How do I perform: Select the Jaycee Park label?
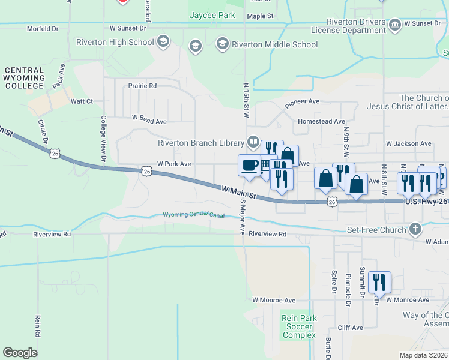coord(212,15)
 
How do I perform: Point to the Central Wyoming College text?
coord(25,78)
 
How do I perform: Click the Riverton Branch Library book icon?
coord(253,142)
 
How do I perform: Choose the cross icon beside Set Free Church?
coord(415,229)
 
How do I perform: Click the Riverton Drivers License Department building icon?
coord(394,25)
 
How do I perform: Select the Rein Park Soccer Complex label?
coord(298,326)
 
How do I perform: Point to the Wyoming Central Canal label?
coord(195,215)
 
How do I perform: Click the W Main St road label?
coord(239,193)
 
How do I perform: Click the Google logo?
coord(20,352)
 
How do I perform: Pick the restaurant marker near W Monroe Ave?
coord(380,283)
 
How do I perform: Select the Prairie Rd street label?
coord(142,86)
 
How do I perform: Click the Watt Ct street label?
coord(82,101)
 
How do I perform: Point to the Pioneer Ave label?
coord(302,102)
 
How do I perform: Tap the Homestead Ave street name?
coord(321,121)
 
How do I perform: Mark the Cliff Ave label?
coord(351,328)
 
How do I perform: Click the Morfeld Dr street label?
coord(43,28)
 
